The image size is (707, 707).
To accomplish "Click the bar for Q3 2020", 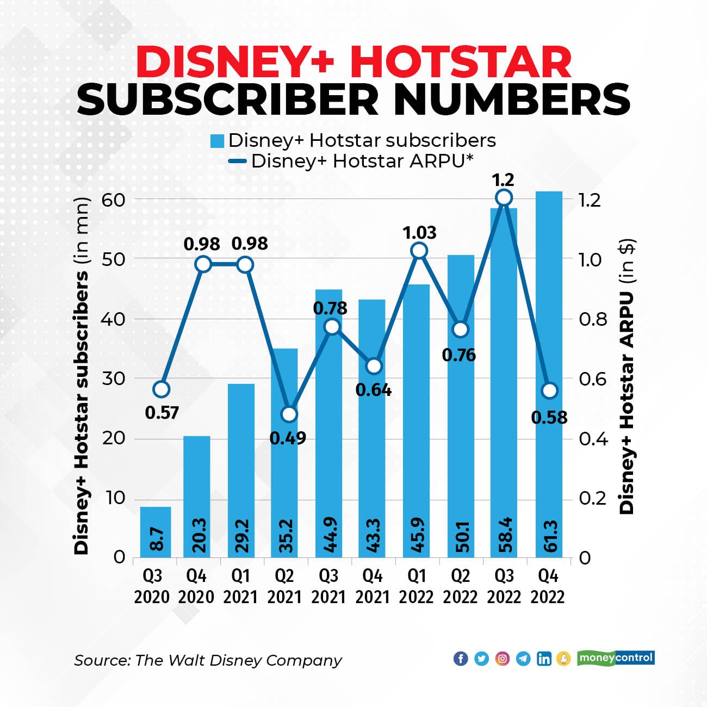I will pos(155,532).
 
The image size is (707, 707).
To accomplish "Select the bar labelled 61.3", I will pos(549,375).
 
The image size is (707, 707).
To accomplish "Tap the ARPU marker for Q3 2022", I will pos(504,197).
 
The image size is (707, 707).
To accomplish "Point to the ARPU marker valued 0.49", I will pos(289,414).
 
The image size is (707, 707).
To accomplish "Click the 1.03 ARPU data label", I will pos(419,233).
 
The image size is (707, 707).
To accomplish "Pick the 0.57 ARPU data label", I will pos(162,413).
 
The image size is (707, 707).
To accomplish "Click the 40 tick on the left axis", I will pos(113,319).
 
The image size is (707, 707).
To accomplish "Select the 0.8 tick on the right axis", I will pos(592,319).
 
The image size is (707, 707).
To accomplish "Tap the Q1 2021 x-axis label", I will pos(240,586).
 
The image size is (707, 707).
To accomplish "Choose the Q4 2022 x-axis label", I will pos(548,586).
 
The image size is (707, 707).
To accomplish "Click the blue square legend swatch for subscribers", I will pos(218,141).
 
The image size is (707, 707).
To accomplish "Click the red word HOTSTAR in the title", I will pos(461,63).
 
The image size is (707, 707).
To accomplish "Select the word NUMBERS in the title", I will pos(509,99).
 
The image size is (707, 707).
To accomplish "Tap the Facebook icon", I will pos(460,659).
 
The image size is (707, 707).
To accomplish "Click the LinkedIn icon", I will pos(543,659).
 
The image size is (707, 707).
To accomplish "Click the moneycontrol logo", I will pos(616,658).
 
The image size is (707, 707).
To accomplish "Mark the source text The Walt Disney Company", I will pos(238,660).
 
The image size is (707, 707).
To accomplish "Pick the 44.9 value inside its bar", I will pos(329,536).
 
